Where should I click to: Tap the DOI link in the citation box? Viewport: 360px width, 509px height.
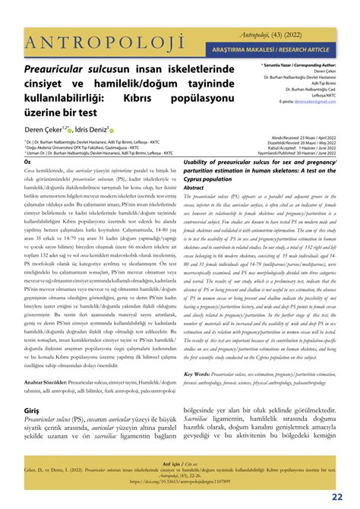point(181,480)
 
